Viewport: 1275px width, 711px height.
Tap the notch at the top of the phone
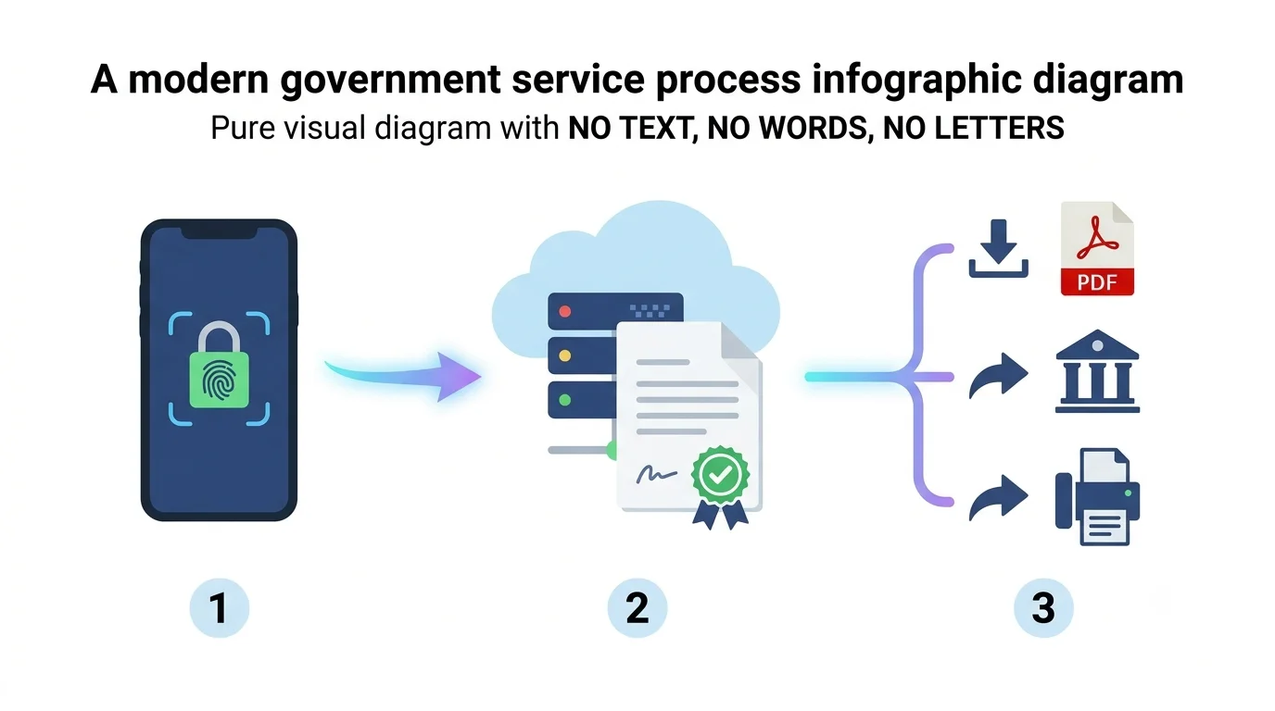click(x=219, y=232)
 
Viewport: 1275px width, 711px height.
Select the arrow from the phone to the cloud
click(x=403, y=375)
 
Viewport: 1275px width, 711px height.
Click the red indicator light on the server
click(x=564, y=311)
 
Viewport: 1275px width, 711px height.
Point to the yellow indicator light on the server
click(x=564, y=355)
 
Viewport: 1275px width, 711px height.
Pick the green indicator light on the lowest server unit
click(x=564, y=400)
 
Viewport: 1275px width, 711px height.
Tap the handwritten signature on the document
click(x=656, y=474)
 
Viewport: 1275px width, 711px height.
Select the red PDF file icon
click(x=1097, y=248)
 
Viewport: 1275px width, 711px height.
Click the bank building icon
click(x=1097, y=371)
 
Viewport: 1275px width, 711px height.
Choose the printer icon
click(x=1097, y=497)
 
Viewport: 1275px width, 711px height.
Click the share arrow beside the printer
click(x=998, y=497)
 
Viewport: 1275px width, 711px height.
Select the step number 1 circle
click(x=219, y=607)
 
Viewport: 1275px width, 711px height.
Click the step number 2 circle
click(x=637, y=607)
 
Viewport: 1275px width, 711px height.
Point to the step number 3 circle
click(x=1043, y=607)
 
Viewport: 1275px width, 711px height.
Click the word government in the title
click(x=390, y=81)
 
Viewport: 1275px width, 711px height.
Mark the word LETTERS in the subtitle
click(x=973, y=128)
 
